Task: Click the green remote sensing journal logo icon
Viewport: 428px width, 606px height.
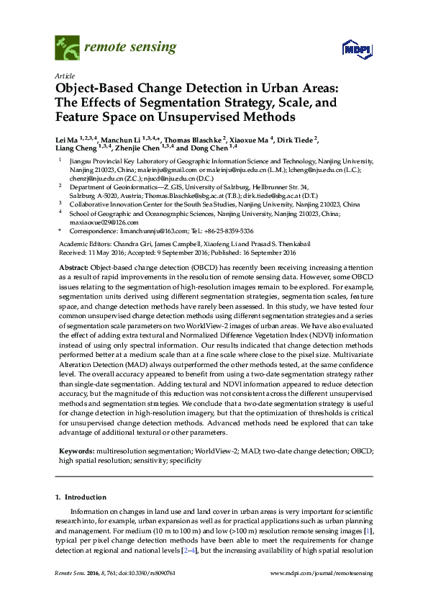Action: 67,48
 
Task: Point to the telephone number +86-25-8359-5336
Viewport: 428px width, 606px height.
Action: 227,231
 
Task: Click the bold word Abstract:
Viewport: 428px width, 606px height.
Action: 73,266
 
